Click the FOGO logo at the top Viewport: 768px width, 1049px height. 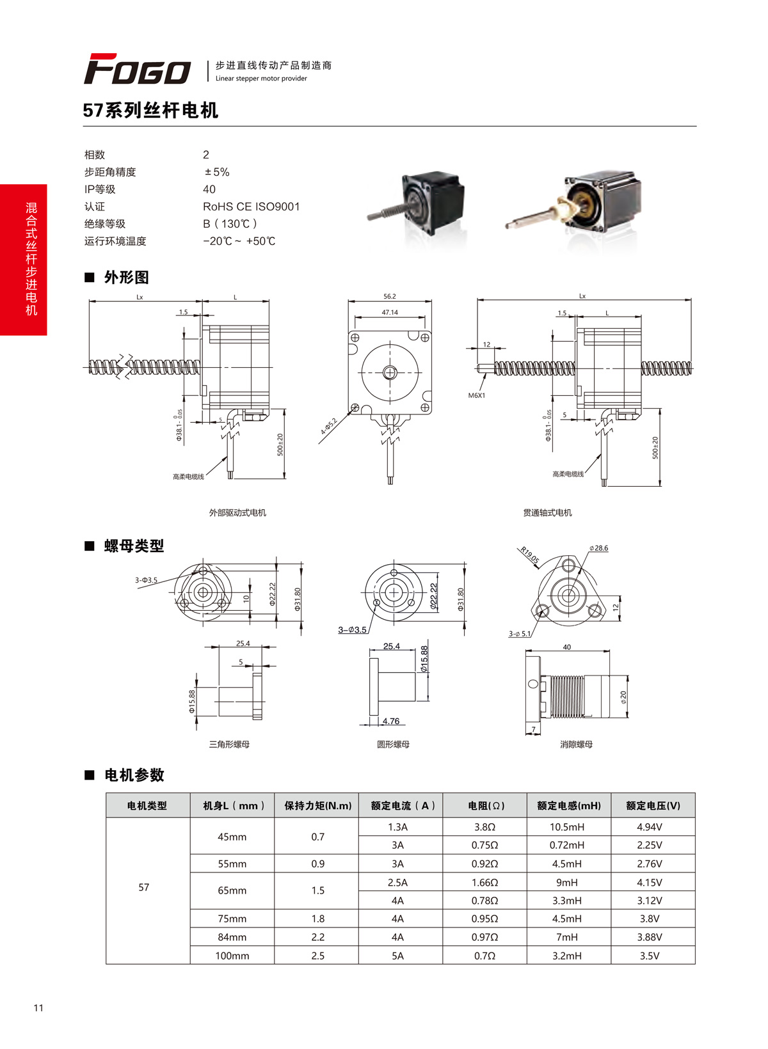(137, 69)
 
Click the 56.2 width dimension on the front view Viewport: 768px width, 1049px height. (389, 297)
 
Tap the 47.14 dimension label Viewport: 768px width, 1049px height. (389, 313)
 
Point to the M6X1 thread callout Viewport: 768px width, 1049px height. (477, 395)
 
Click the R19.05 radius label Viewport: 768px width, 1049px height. (530, 555)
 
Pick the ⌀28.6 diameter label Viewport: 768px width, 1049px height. (599, 548)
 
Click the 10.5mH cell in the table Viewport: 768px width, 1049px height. (566, 827)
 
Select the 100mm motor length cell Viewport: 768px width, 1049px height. (232, 956)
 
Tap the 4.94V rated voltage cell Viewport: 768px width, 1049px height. (649, 827)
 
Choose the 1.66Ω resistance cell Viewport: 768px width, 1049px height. (484, 883)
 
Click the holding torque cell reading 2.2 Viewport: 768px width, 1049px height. (317, 937)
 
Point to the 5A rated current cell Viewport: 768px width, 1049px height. (397, 956)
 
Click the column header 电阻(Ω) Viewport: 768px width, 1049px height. (486, 806)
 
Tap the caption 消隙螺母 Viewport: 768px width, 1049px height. (576, 745)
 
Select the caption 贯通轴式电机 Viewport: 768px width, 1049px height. (547, 513)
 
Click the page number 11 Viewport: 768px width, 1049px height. (38, 1008)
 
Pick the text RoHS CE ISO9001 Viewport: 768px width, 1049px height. (251, 207)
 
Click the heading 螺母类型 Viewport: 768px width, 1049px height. (134, 546)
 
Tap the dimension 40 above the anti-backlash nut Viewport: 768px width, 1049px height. (566, 647)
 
